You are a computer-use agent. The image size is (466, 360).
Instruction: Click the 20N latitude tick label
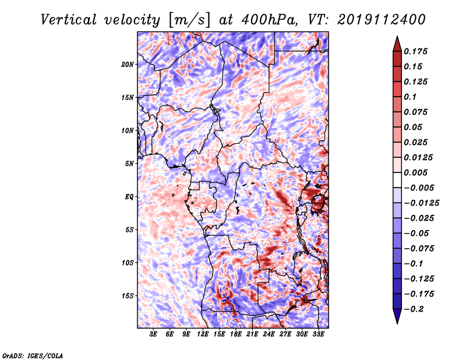(x=128, y=64)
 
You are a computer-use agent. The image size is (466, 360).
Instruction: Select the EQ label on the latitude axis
(x=129, y=197)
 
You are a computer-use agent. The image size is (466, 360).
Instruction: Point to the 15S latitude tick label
(x=128, y=296)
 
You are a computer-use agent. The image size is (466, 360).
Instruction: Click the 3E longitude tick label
(x=154, y=334)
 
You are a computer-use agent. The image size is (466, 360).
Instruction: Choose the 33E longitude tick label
(x=319, y=334)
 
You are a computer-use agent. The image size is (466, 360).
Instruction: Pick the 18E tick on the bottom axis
(x=236, y=334)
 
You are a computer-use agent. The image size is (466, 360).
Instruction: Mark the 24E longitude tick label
(x=269, y=334)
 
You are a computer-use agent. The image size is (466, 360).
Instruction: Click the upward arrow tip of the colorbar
(x=396, y=38)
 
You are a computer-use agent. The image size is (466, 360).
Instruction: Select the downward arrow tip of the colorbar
(x=396, y=322)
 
